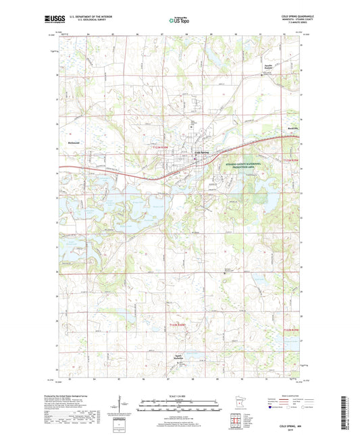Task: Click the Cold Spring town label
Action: pos(203,152)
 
